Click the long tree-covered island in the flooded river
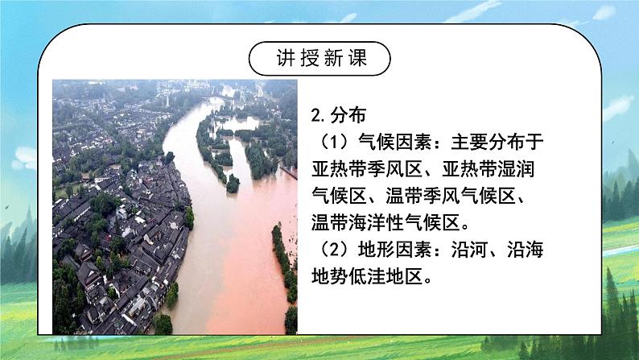point(219,149)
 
